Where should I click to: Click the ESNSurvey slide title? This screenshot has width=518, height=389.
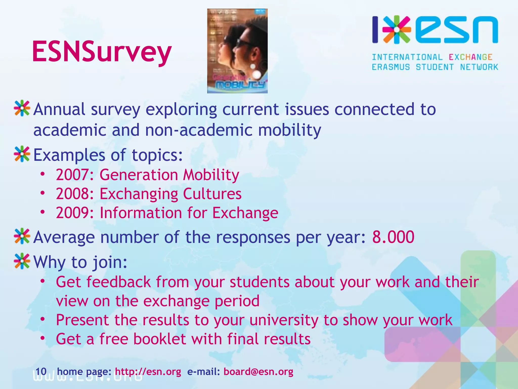coord(102,52)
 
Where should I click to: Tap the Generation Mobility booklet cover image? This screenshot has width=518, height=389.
coord(237,51)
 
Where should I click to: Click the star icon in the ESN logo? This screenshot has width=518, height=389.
coord(397,29)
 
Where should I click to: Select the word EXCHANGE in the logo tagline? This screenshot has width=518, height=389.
coord(470,57)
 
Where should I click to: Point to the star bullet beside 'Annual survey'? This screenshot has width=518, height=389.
coord(22,109)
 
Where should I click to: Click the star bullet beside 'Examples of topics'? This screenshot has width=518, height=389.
coord(22,154)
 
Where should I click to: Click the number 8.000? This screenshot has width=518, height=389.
coord(393,237)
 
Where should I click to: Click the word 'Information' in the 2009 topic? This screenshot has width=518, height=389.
coord(141,213)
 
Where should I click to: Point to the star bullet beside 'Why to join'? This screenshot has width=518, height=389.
coord(22,261)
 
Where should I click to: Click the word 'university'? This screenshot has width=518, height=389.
coord(284,320)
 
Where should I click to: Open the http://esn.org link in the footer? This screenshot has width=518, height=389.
coord(148,372)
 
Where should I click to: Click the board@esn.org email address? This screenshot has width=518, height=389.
coord(258,372)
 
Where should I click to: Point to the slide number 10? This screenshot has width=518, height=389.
coord(41,372)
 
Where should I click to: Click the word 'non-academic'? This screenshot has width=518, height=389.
coord(199,130)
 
